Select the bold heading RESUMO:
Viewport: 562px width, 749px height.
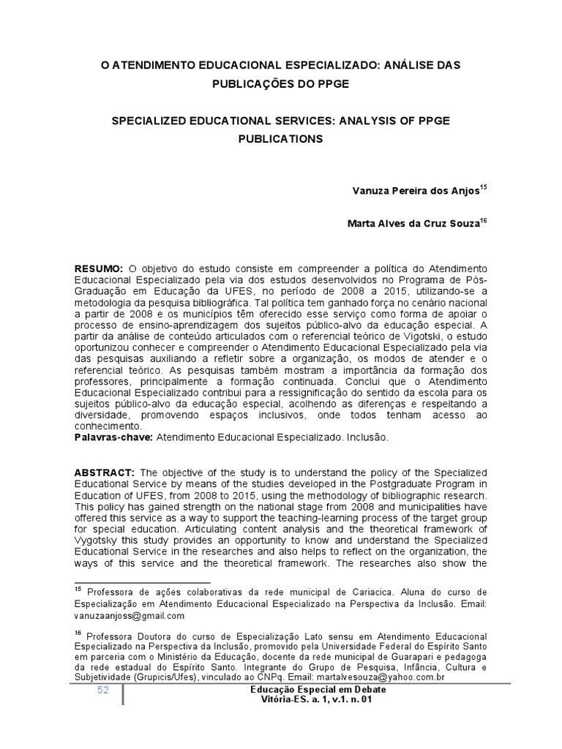tap(101, 269)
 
